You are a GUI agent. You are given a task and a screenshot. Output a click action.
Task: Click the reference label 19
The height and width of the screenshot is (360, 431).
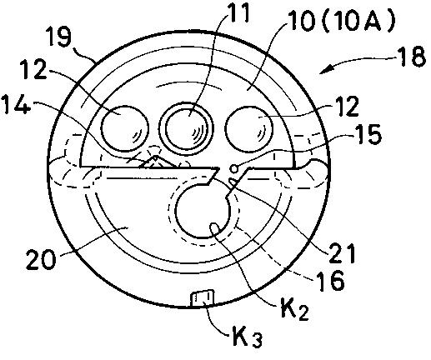tap(58, 37)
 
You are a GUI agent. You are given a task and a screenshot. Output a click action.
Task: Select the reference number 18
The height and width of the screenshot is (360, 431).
tap(412, 57)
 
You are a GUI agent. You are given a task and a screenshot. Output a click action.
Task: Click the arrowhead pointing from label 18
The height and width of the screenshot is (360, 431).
tap(326, 70)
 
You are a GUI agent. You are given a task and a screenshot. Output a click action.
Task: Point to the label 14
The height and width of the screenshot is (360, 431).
tap(16, 107)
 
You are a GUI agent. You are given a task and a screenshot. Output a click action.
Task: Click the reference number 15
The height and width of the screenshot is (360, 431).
tap(368, 135)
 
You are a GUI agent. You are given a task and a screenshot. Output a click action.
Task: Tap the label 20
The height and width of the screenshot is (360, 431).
tap(41, 258)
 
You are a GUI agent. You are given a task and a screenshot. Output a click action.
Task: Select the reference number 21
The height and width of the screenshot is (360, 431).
tap(342, 253)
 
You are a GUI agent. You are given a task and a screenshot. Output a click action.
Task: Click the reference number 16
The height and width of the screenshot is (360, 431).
tap(332, 281)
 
